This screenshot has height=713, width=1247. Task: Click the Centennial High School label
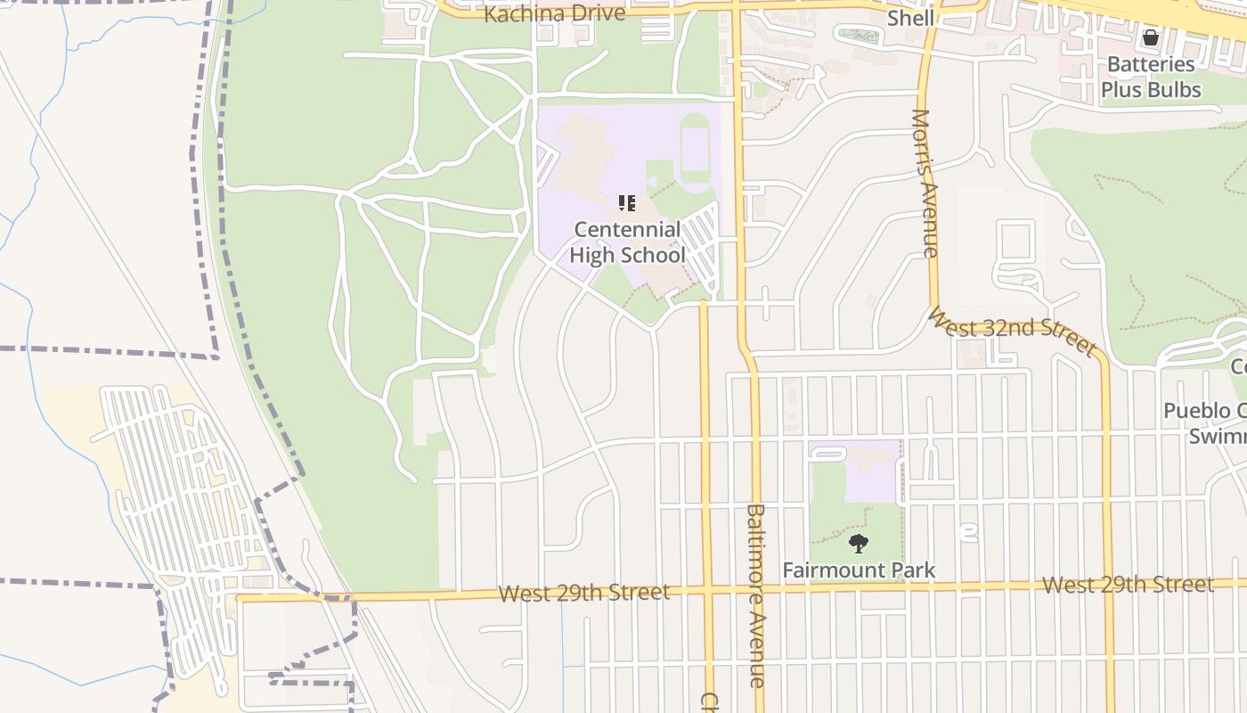tap(627, 242)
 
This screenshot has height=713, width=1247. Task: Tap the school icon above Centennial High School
tap(627, 204)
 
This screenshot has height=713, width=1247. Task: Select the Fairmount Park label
tap(859, 570)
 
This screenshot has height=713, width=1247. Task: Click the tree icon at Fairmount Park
tap(859, 544)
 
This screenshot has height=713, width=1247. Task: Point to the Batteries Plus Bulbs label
tap(1151, 77)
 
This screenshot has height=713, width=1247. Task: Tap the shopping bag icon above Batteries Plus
tap(1151, 37)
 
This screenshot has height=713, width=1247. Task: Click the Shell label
tap(910, 18)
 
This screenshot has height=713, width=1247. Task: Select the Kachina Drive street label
tap(554, 14)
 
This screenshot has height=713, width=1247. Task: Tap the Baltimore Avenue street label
tap(756, 595)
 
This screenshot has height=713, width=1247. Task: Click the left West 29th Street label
tap(583, 593)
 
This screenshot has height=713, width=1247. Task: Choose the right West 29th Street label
tap(1128, 585)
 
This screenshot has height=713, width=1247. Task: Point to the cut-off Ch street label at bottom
tap(708, 701)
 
